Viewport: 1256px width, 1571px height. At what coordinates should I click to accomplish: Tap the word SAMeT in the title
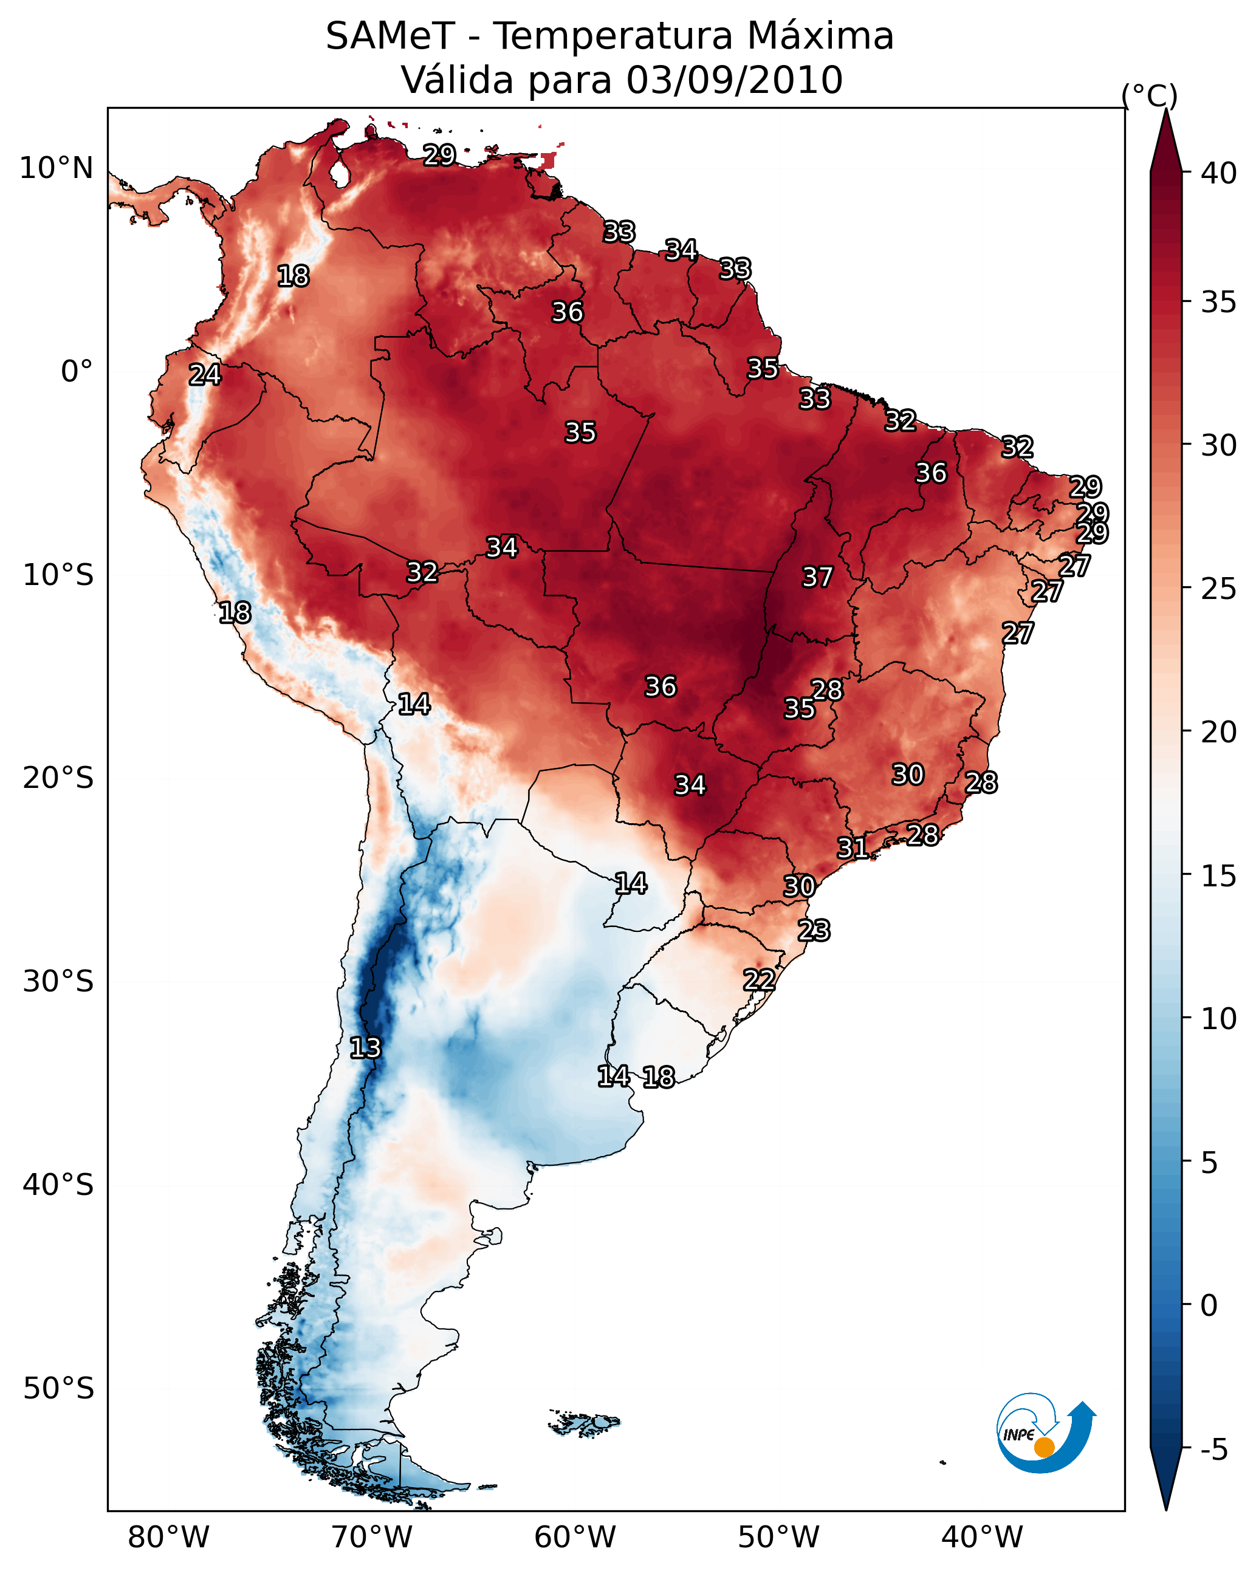(x=390, y=36)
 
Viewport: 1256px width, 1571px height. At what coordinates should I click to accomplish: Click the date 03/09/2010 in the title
(x=734, y=80)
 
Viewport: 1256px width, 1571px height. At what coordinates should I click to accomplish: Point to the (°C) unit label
(x=1149, y=95)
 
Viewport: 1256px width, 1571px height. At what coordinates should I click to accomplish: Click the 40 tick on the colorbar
(x=1219, y=173)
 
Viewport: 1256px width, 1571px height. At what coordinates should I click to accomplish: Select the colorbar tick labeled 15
(x=1219, y=876)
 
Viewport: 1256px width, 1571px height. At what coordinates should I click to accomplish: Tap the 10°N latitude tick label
(x=56, y=168)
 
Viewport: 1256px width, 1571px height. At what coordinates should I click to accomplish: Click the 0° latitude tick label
(x=77, y=372)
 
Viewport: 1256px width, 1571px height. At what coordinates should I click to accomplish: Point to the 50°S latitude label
(x=58, y=1389)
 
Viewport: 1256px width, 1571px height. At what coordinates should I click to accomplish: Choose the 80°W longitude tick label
(x=168, y=1538)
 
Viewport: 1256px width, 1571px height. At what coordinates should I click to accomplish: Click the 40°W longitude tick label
(x=982, y=1538)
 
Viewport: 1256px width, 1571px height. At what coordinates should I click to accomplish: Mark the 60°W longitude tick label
(x=575, y=1538)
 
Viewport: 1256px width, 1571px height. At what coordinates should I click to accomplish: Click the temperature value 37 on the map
(x=817, y=577)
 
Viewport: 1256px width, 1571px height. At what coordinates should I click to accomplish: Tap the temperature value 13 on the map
(x=365, y=1048)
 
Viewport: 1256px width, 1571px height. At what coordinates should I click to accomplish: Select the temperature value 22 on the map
(x=759, y=979)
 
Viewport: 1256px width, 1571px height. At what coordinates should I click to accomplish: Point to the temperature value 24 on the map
(x=205, y=375)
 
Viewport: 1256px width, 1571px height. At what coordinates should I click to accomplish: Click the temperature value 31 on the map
(x=852, y=847)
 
